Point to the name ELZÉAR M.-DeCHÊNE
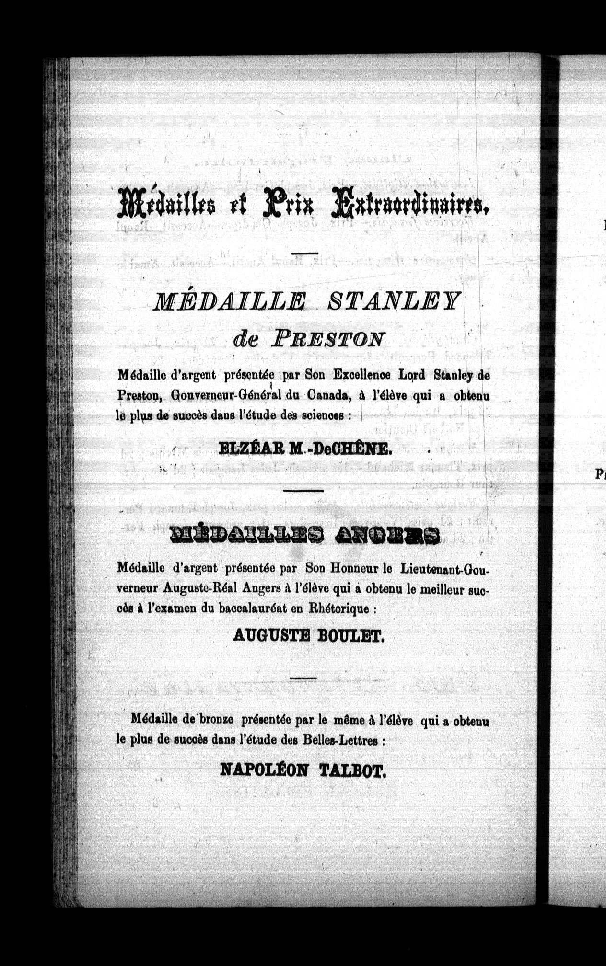tap(305, 448)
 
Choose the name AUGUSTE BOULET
tap(309, 636)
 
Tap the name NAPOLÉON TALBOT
tap(303, 770)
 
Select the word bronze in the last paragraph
tap(211, 721)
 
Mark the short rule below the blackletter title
tap(304, 252)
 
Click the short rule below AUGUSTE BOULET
tap(303, 678)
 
